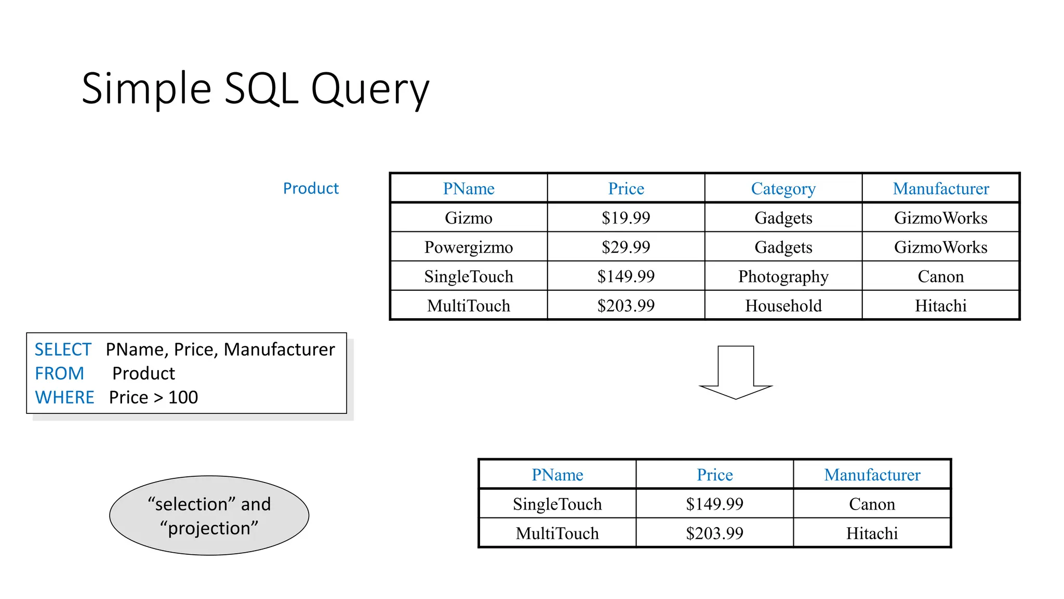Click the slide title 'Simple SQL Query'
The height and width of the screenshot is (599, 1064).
click(x=255, y=89)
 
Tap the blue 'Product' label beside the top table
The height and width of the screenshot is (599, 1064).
click(x=311, y=188)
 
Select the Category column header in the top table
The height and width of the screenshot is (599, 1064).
click(x=783, y=188)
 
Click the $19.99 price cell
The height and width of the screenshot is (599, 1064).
click(x=626, y=217)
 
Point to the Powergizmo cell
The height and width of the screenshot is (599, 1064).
click(x=468, y=247)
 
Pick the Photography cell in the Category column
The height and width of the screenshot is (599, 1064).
click(x=783, y=276)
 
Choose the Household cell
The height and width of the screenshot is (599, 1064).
click(x=783, y=306)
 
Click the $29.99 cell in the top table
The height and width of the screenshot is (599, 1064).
click(x=626, y=247)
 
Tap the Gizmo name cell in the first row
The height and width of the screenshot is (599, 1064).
click(x=468, y=217)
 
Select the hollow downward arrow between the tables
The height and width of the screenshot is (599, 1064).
click(x=736, y=372)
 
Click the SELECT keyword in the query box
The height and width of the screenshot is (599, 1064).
click(x=63, y=349)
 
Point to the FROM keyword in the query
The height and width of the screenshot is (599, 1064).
click(x=59, y=373)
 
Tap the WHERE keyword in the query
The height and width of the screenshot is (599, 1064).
click(x=64, y=397)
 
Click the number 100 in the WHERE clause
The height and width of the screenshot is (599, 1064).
click(x=183, y=397)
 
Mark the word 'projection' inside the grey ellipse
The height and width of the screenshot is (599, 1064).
click(x=209, y=528)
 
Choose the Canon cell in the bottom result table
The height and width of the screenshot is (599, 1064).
click(x=872, y=504)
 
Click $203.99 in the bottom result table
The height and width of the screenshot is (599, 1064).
click(x=714, y=533)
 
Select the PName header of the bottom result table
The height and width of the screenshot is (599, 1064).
click(x=557, y=475)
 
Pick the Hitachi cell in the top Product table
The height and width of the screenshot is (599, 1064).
click(x=940, y=306)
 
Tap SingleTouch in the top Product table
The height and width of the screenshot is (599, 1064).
click(x=468, y=276)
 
